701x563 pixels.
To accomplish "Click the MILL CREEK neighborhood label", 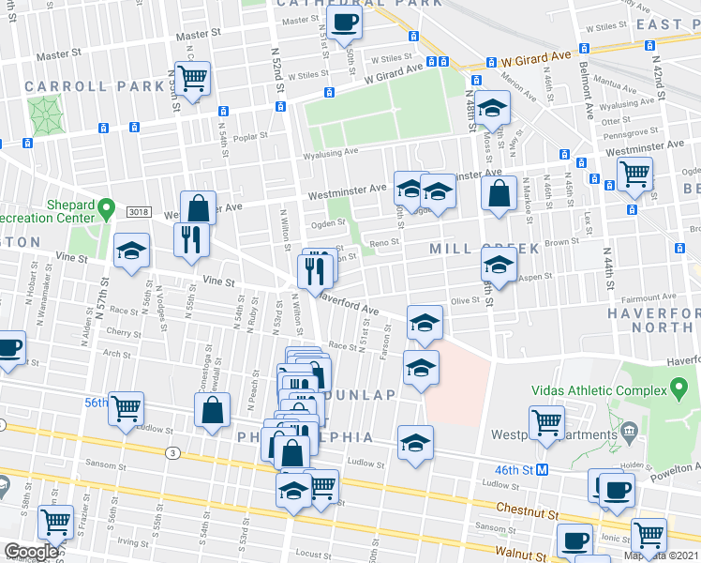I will coord(484,249).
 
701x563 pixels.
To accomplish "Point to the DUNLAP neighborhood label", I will coord(360,395).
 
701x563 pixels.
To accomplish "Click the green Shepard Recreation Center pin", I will coord(108,206).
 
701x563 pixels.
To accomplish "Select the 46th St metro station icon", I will coord(543,466).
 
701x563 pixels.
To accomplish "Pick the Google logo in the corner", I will coord(30,552).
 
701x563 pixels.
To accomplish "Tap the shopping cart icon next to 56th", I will coord(126,408).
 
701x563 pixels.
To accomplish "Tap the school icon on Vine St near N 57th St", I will coord(131,251).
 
